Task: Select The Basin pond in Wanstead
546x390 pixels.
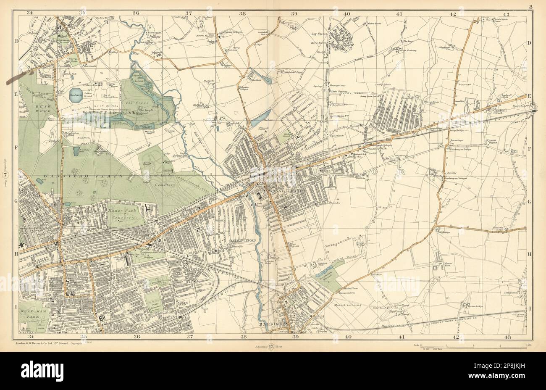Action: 76,93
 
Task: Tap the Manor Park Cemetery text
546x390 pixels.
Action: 122,214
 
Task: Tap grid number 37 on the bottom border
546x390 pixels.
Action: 190,337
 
